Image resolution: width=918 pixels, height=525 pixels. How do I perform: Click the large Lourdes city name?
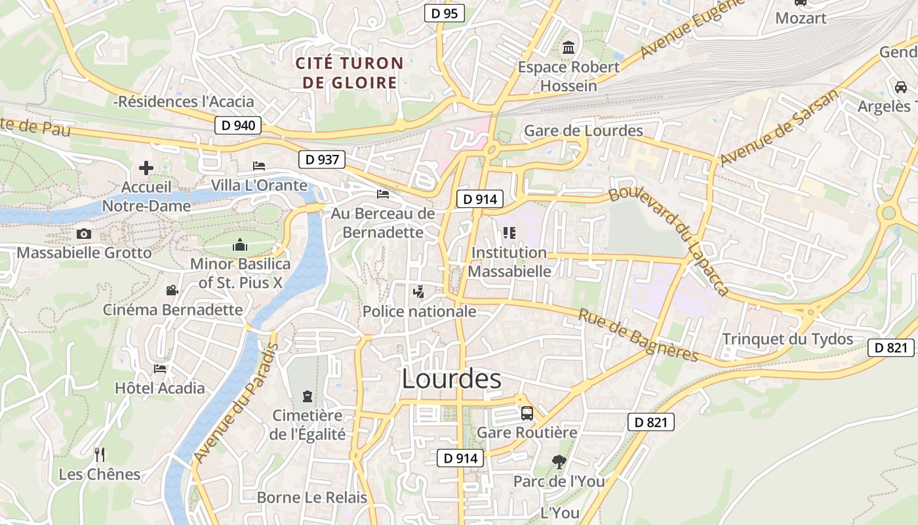[451, 379]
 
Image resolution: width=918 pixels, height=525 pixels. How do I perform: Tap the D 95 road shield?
[444, 12]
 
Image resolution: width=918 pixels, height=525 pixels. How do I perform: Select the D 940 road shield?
[238, 125]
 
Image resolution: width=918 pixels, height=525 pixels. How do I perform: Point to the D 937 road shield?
[321, 159]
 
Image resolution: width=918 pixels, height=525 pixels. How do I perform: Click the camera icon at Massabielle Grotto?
[83, 234]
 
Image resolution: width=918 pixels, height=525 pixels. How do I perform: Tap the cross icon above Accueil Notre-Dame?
[146, 168]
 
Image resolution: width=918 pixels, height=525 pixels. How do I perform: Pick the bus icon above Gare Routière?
[527, 413]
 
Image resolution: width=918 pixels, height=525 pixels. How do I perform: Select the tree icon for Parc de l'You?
[559, 462]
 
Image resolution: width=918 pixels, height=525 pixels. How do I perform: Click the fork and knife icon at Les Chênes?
[100, 454]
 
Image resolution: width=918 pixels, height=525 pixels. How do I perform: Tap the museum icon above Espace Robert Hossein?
[568, 48]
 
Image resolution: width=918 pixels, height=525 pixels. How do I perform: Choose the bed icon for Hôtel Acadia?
[160, 368]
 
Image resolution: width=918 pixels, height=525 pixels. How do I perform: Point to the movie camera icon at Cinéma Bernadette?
[172, 290]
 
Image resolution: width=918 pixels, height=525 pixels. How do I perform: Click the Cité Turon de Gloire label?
[348, 73]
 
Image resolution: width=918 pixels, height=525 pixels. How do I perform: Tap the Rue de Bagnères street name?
[638, 335]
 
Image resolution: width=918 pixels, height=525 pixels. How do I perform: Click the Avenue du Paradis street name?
[236, 402]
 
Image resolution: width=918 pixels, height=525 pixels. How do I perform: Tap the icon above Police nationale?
[418, 291]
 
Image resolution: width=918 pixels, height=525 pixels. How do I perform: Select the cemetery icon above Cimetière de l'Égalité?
[307, 396]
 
